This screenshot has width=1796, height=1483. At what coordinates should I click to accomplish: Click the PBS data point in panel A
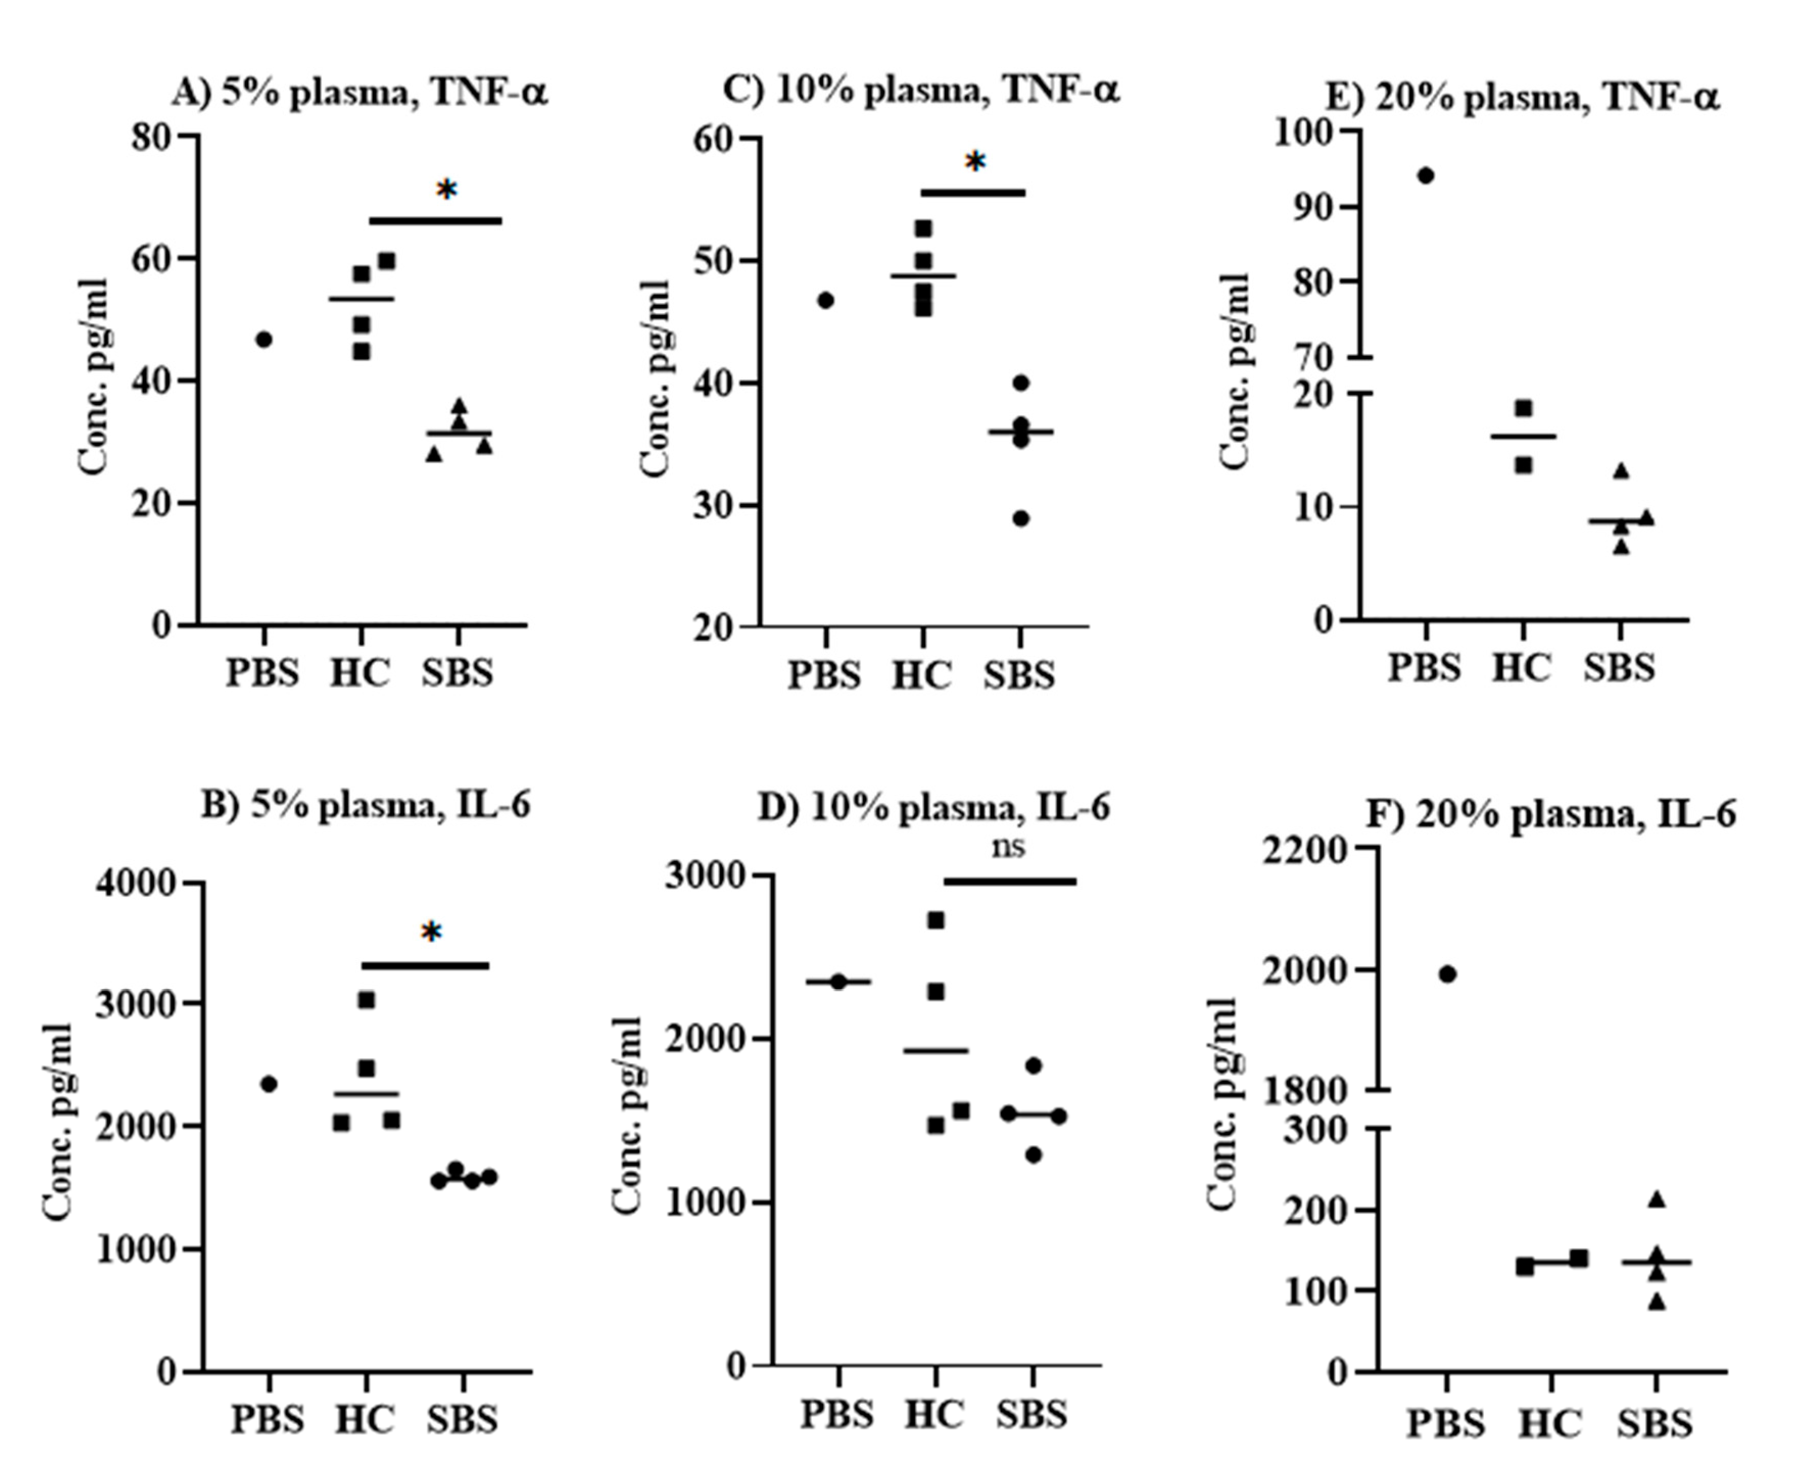[264, 339]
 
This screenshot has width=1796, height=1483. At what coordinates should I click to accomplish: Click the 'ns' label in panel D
[1008, 847]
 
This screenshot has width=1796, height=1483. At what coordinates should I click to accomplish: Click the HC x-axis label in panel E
[1521, 667]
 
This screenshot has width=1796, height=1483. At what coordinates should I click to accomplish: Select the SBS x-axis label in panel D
[1032, 1414]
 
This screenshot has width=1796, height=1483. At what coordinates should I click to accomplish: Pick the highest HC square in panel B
[366, 999]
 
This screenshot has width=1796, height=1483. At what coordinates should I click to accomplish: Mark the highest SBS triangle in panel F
[1657, 1200]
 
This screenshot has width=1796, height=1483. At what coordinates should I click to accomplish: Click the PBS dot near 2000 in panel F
[1448, 974]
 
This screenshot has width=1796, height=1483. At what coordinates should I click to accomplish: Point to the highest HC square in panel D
[936, 920]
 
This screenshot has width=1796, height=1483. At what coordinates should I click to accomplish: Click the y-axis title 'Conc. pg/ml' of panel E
[1235, 372]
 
